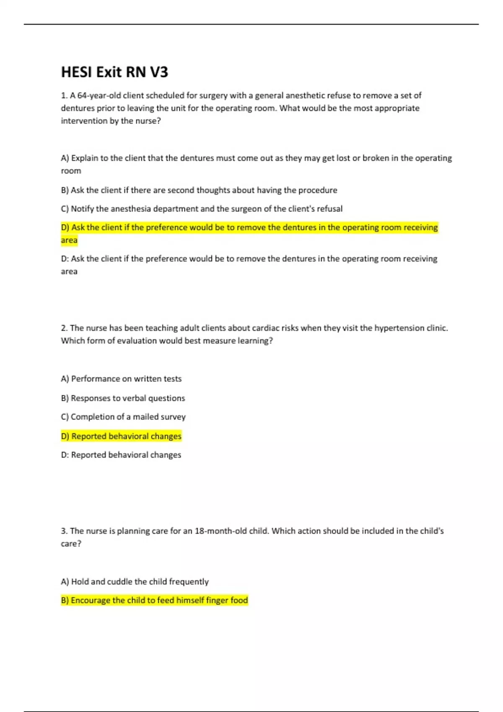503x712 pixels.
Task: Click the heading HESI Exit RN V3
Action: [x=114, y=72]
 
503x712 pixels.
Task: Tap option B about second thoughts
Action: [x=199, y=190]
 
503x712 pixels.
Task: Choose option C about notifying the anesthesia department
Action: [x=202, y=209]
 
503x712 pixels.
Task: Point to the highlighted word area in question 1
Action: [x=69, y=240]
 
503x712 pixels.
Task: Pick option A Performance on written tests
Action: [x=121, y=379]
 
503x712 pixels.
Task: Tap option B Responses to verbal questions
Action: [x=123, y=398]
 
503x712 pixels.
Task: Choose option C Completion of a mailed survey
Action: [x=123, y=417]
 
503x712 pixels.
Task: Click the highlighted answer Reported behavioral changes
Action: [x=121, y=436]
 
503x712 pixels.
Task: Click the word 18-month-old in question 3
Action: [x=221, y=531]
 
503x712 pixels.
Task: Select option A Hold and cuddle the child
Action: [x=135, y=581]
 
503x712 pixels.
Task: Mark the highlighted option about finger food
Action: [x=154, y=600]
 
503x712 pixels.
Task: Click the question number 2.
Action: [x=63, y=328]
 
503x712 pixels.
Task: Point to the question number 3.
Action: [x=63, y=531]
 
